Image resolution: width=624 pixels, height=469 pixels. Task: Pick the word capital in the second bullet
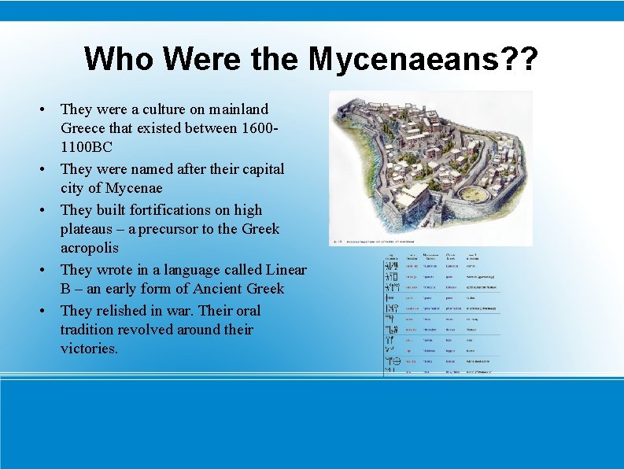tap(262, 168)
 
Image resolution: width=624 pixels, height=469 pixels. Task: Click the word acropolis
tap(89, 248)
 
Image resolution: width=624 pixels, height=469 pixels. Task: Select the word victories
tap(89, 348)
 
